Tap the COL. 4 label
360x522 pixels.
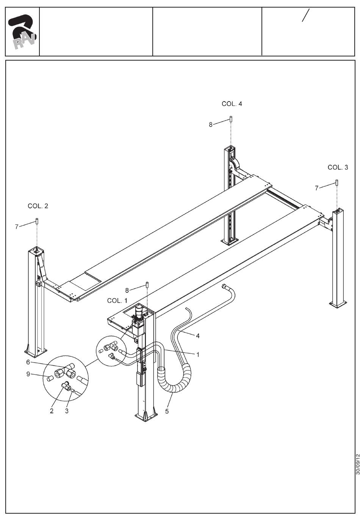tap(232, 104)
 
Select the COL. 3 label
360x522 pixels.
tap(338, 167)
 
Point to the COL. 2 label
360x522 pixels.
tap(38, 206)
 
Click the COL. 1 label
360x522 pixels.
tap(117, 300)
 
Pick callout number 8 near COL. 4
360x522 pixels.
tap(211, 124)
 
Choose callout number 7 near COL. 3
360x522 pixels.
tap(317, 188)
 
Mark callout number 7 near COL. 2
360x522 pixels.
tap(17, 227)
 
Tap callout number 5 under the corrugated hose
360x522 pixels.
tap(167, 411)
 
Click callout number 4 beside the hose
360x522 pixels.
tap(197, 336)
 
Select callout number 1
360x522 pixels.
tap(197, 355)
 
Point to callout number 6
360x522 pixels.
tap(28, 362)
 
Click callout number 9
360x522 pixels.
tap(28, 375)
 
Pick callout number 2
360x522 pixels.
tap(52, 411)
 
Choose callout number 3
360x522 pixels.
tap(67, 411)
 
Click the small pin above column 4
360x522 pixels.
tap(230, 119)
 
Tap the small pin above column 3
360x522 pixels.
tap(337, 183)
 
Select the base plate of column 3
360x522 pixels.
tap(338, 304)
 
